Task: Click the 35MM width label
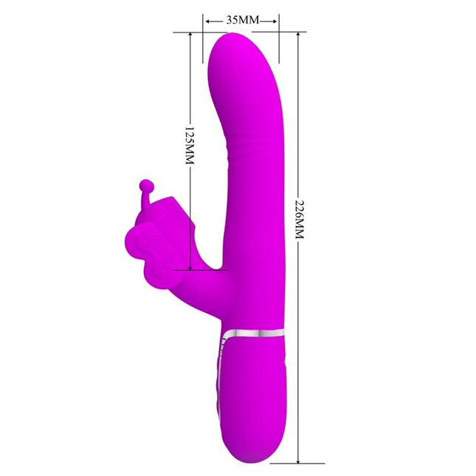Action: pos(241,20)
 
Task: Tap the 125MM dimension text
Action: pos(190,147)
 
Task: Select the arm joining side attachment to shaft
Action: pos(203,284)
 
